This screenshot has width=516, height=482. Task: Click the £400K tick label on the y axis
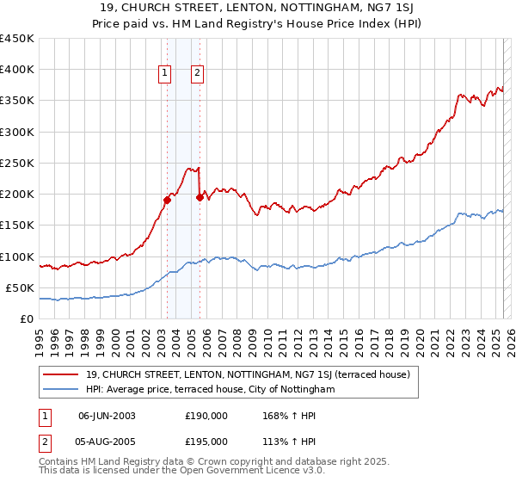[17, 70]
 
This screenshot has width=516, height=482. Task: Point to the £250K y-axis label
[17, 163]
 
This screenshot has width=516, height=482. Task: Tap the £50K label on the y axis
[21, 287]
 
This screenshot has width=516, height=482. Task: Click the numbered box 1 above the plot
[163, 74]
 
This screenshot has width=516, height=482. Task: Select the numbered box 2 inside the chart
[198, 74]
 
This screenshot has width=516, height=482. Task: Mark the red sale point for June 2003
[167, 200]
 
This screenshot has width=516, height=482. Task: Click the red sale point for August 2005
[200, 197]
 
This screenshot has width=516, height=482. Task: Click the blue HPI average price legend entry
[210, 390]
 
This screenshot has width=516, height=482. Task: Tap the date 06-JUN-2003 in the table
[107, 416]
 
